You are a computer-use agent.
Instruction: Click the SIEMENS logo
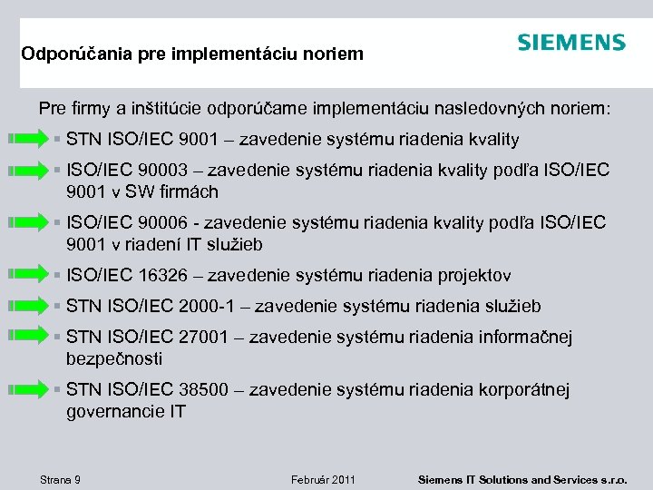pos(570,43)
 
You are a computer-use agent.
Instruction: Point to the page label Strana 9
pos(61,478)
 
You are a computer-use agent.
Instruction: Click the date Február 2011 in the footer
pos(323,478)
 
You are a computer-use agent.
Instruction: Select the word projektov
pos(475,275)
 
